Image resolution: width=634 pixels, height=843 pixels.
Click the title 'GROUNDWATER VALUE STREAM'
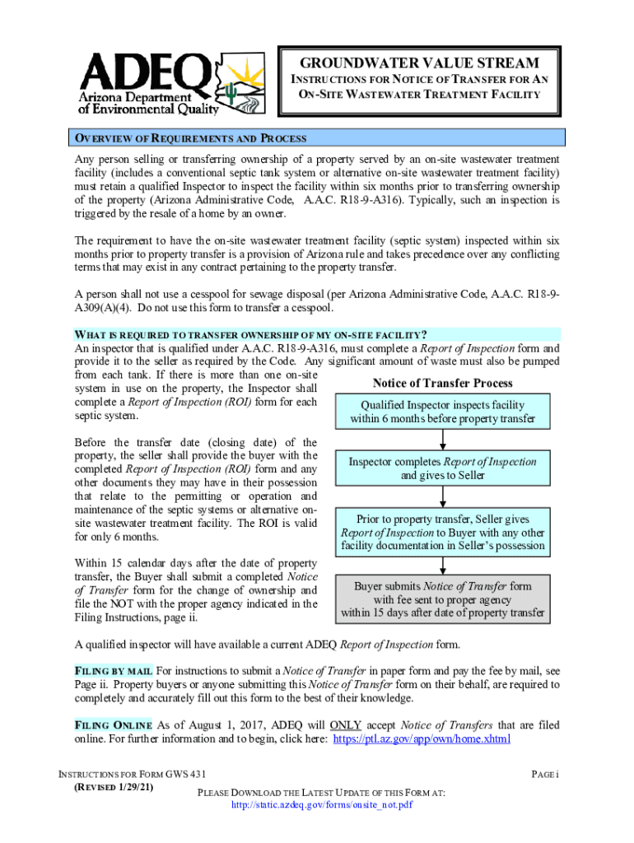click(x=419, y=63)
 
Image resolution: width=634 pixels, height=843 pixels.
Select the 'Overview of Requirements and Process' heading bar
click(x=318, y=138)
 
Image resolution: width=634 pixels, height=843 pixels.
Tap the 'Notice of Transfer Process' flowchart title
click(x=442, y=383)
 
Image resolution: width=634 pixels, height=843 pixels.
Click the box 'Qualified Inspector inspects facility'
click(x=442, y=412)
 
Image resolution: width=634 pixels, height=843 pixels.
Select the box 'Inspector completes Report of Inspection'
click(x=442, y=468)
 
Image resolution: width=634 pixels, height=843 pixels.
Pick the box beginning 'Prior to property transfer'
click(x=442, y=532)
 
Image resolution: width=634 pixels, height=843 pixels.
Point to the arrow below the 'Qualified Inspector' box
click(x=443, y=439)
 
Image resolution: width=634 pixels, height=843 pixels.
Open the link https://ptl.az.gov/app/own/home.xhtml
click(x=421, y=739)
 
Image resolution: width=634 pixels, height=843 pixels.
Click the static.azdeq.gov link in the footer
click(x=321, y=804)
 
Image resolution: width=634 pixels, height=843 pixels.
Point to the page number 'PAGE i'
click(x=545, y=775)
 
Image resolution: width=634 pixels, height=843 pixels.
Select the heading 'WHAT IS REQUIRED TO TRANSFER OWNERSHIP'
click(x=251, y=334)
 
